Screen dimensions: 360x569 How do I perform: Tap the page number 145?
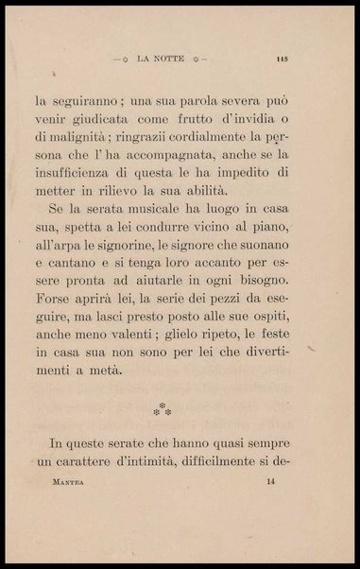[x=282, y=58]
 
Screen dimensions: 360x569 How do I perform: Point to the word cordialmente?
[x=191, y=145]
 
